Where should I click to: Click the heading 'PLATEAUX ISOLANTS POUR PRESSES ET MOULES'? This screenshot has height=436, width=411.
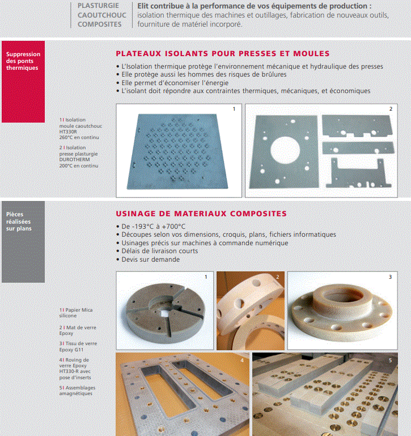[x=222, y=54]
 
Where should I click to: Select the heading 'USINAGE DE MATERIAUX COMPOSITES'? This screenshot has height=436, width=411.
[x=201, y=214]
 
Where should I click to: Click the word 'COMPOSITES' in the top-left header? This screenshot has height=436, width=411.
[x=99, y=24]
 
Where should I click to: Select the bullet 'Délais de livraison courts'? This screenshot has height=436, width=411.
[x=159, y=251]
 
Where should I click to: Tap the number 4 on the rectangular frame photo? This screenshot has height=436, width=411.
[x=242, y=359]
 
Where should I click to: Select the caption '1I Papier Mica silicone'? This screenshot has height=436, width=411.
[x=76, y=313]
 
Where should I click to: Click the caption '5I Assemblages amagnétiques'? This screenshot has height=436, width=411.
[x=76, y=391]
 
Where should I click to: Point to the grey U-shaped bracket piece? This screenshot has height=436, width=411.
[x=357, y=173]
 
